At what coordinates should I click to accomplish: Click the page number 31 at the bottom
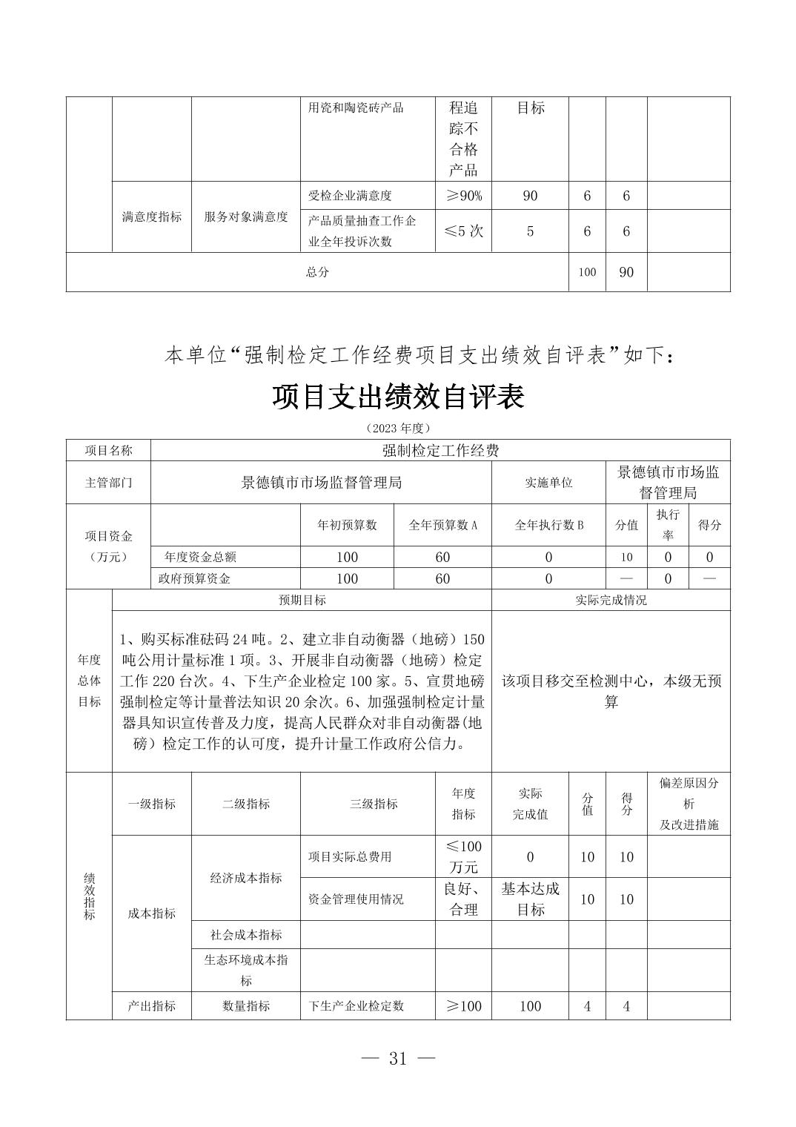pyautogui.click(x=398, y=1058)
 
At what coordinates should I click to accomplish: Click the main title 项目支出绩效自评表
pyautogui.click(x=398, y=397)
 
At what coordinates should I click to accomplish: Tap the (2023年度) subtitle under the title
pyautogui.click(x=398, y=429)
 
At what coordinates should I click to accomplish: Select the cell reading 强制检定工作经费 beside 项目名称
pyautogui.click(x=440, y=450)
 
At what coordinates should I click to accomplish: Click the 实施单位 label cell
pyautogui.click(x=548, y=483)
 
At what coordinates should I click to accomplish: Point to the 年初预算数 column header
pyautogui.click(x=347, y=525)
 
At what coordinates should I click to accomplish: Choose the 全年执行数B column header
pyautogui.click(x=548, y=525)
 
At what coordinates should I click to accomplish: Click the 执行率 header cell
pyautogui.click(x=668, y=524)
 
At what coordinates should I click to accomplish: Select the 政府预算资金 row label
pyautogui.click(x=194, y=578)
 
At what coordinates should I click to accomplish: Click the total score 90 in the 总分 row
pyautogui.click(x=626, y=272)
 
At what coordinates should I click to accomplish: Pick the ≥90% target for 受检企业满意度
pyautogui.click(x=463, y=196)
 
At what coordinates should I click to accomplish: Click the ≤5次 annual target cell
pyautogui.click(x=463, y=231)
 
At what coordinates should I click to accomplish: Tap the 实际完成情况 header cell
pyautogui.click(x=611, y=600)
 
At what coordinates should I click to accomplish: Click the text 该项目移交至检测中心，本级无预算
pyautogui.click(x=611, y=691)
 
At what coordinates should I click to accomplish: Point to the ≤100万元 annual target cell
pyautogui.click(x=463, y=856)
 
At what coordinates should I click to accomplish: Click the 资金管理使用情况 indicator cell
pyautogui.click(x=356, y=899)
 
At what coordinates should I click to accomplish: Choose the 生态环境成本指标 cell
pyautogui.click(x=246, y=970)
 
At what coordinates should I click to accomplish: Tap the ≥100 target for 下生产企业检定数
pyautogui.click(x=463, y=1006)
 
